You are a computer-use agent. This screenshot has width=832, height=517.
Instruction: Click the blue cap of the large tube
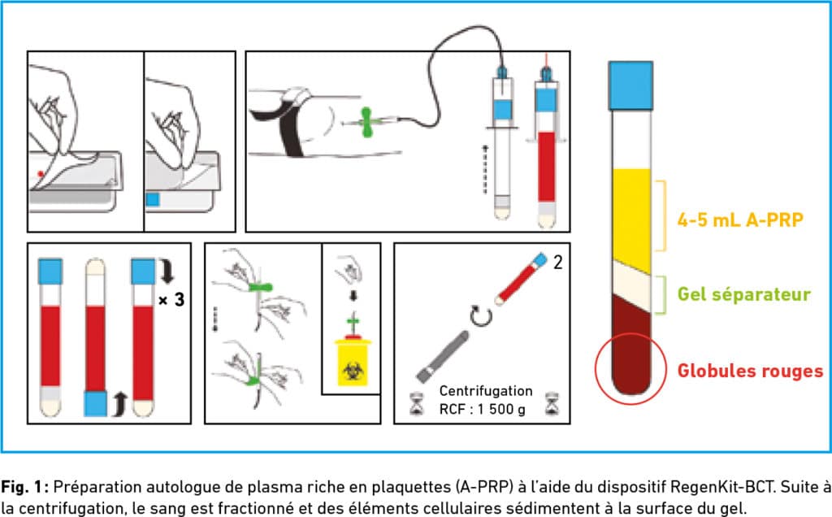(630, 85)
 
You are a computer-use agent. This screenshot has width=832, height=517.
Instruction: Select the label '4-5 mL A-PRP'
(740, 219)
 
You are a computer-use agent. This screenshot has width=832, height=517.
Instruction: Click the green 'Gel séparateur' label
(744, 294)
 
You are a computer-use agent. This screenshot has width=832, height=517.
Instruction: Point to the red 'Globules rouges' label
(750, 371)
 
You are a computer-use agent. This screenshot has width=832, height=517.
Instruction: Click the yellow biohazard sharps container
(353, 362)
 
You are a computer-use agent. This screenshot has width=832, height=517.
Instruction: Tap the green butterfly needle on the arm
(366, 122)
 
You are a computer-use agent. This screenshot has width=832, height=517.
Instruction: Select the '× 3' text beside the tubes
(172, 300)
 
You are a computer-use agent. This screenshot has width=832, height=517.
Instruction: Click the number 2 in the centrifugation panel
(557, 262)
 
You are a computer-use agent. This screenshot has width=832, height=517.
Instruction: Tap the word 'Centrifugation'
(486, 391)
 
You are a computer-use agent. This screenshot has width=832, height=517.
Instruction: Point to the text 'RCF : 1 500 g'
(482, 409)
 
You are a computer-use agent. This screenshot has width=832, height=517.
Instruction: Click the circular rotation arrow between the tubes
(481, 316)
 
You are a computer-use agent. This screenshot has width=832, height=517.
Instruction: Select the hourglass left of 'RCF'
(418, 403)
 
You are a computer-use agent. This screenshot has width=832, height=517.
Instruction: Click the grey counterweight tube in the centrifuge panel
(443, 357)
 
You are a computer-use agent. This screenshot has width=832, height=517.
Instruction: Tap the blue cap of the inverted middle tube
(96, 403)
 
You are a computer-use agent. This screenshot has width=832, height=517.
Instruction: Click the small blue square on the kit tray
(152, 200)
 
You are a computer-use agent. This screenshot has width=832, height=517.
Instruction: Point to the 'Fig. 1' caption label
(25, 487)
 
